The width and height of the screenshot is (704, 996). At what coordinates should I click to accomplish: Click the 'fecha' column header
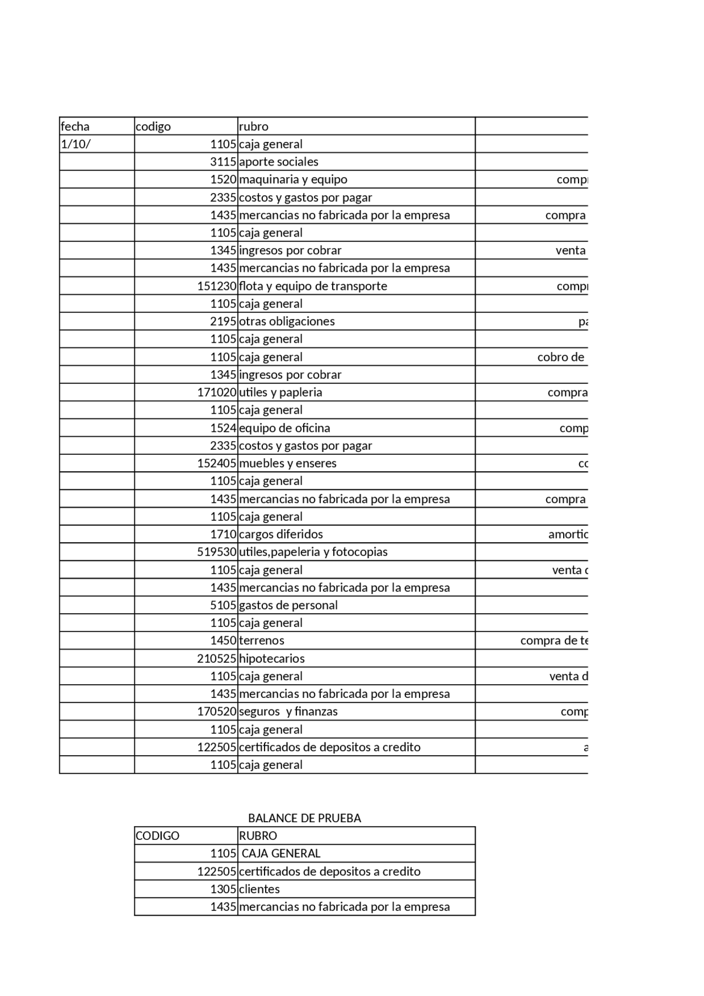click(x=75, y=126)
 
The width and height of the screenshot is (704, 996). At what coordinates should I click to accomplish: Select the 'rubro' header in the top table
click(x=254, y=126)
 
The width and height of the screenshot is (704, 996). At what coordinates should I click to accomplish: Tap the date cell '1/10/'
click(x=76, y=144)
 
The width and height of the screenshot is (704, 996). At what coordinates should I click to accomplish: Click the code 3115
click(x=223, y=162)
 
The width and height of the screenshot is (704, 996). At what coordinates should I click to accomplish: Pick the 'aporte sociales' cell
click(x=278, y=162)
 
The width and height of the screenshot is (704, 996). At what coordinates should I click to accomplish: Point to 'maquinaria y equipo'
click(x=293, y=179)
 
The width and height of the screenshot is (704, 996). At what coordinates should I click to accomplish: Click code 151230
click(x=217, y=286)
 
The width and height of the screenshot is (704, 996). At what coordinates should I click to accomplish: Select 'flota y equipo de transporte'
click(x=313, y=286)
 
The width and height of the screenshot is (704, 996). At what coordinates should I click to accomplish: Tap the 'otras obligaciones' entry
click(x=287, y=321)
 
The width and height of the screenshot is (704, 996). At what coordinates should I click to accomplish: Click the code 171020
click(x=217, y=392)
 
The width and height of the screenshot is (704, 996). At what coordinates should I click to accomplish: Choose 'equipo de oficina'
click(x=284, y=428)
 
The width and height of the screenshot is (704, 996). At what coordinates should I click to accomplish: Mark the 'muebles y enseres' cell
click(x=288, y=463)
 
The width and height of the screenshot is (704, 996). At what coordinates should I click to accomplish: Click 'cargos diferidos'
click(x=280, y=534)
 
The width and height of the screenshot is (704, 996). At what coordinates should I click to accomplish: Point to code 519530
click(x=217, y=552)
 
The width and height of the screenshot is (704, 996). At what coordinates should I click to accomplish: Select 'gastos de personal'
click(x=288, y=605)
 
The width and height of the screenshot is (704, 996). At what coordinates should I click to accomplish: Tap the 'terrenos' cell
click(x=261, y=640)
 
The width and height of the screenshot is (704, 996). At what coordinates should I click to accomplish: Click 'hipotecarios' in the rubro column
click(x=272, y=658)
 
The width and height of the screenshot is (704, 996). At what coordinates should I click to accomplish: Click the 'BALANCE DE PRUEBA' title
click(x=304, y=818)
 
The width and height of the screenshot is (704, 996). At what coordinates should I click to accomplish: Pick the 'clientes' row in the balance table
click(x=259, y=889)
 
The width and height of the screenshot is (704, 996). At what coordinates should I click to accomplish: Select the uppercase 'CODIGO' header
click(x=157, y=835)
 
